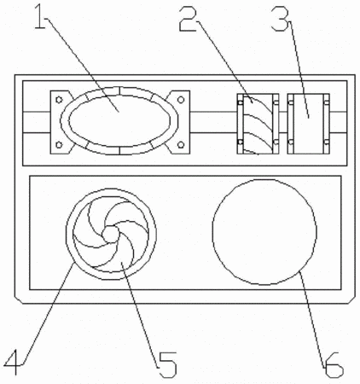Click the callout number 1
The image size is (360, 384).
(40, 17)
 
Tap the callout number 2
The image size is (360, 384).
(188, 19)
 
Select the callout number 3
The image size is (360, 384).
(280, 19)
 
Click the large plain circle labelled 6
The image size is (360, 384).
(264, 232)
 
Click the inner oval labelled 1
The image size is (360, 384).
(119, 121)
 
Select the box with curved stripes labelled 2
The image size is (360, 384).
(258, 124)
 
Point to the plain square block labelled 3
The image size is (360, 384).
(309, 124)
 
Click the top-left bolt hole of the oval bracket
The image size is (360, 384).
(59, 100)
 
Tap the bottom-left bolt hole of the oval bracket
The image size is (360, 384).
(59, 145)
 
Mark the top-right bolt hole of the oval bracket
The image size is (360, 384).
(181, 100)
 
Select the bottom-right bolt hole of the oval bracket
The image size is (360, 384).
(181, 145)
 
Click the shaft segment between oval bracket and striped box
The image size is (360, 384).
(213, 122)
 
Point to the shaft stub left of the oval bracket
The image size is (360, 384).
(37, 122)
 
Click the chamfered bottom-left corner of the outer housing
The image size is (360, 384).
(19, 300)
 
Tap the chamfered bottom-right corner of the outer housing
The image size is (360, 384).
(351, 300)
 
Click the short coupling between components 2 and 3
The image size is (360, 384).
(283, 122)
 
